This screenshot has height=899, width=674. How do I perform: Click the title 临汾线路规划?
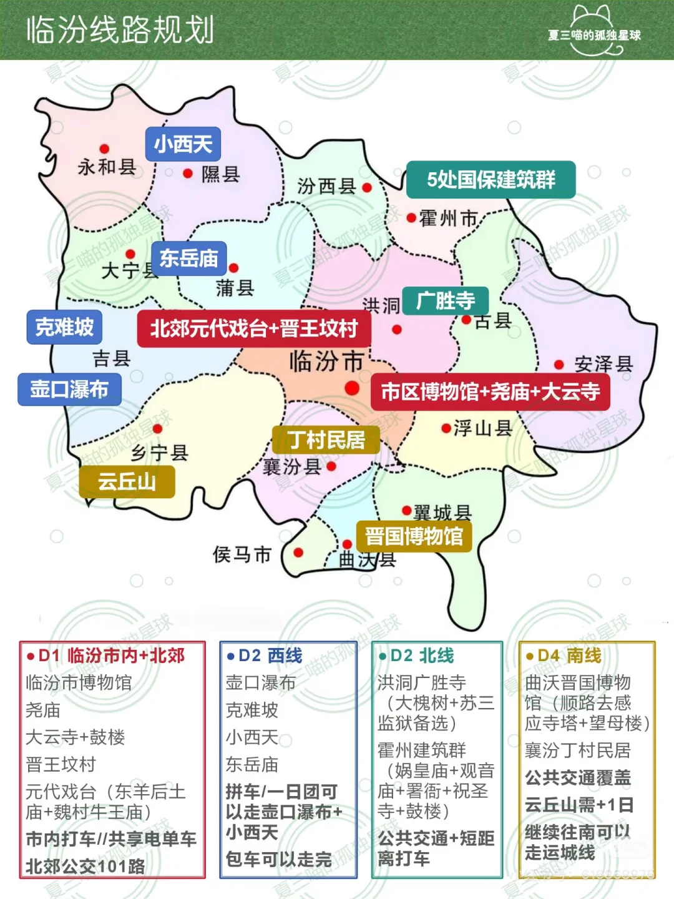click(120, 30)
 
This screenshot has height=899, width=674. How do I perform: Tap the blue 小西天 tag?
click(183, 145)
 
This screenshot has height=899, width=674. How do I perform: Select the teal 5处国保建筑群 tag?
click(491, 180)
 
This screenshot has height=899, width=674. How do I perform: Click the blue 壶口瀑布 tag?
click(69, 389)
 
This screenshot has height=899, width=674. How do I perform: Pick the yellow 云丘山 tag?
click(127, 481)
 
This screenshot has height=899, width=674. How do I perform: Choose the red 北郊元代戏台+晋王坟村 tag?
click(253, 328)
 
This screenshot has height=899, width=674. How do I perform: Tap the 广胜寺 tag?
click(445, 302)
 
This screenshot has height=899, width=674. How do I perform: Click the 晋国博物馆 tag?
click(414, 536)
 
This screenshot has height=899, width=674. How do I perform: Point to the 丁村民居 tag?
click(326, 440)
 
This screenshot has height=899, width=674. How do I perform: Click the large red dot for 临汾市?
click(352, 388)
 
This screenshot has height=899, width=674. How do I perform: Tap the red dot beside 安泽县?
click(559, 365)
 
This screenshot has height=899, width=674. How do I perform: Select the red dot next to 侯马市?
click(298, 553)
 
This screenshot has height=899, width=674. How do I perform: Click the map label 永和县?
click(107, 167)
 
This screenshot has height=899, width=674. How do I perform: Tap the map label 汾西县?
click(326, 186)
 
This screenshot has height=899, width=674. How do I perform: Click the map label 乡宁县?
click(160, 453)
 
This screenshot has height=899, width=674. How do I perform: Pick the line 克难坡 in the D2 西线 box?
click(252, 710)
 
